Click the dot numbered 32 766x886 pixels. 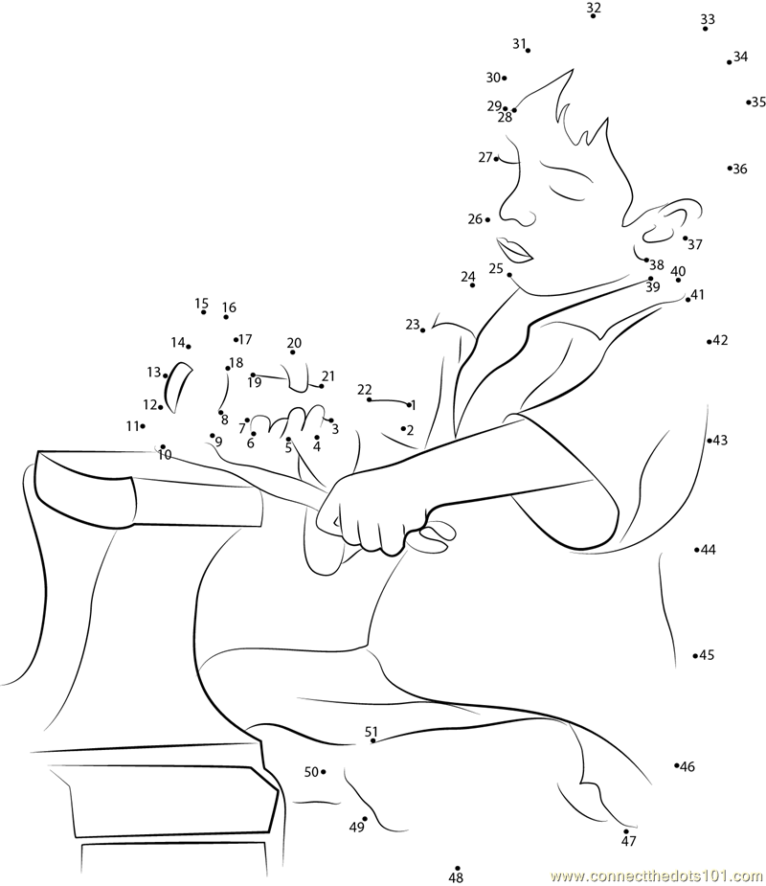593,16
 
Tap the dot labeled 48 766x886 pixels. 458,869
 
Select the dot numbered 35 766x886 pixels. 749,102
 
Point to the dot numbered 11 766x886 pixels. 143,426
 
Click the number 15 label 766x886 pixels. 202,304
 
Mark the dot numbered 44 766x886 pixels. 697,549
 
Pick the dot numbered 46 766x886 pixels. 677,765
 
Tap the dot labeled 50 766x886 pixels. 323,771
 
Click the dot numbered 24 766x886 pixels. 472,285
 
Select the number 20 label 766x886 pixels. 294,342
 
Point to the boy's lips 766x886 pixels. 514,250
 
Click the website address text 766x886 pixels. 657,875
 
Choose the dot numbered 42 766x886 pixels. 710,341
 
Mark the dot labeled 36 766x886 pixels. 730,168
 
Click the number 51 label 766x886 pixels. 372,732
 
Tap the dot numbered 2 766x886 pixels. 403,429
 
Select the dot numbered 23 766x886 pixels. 422,330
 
